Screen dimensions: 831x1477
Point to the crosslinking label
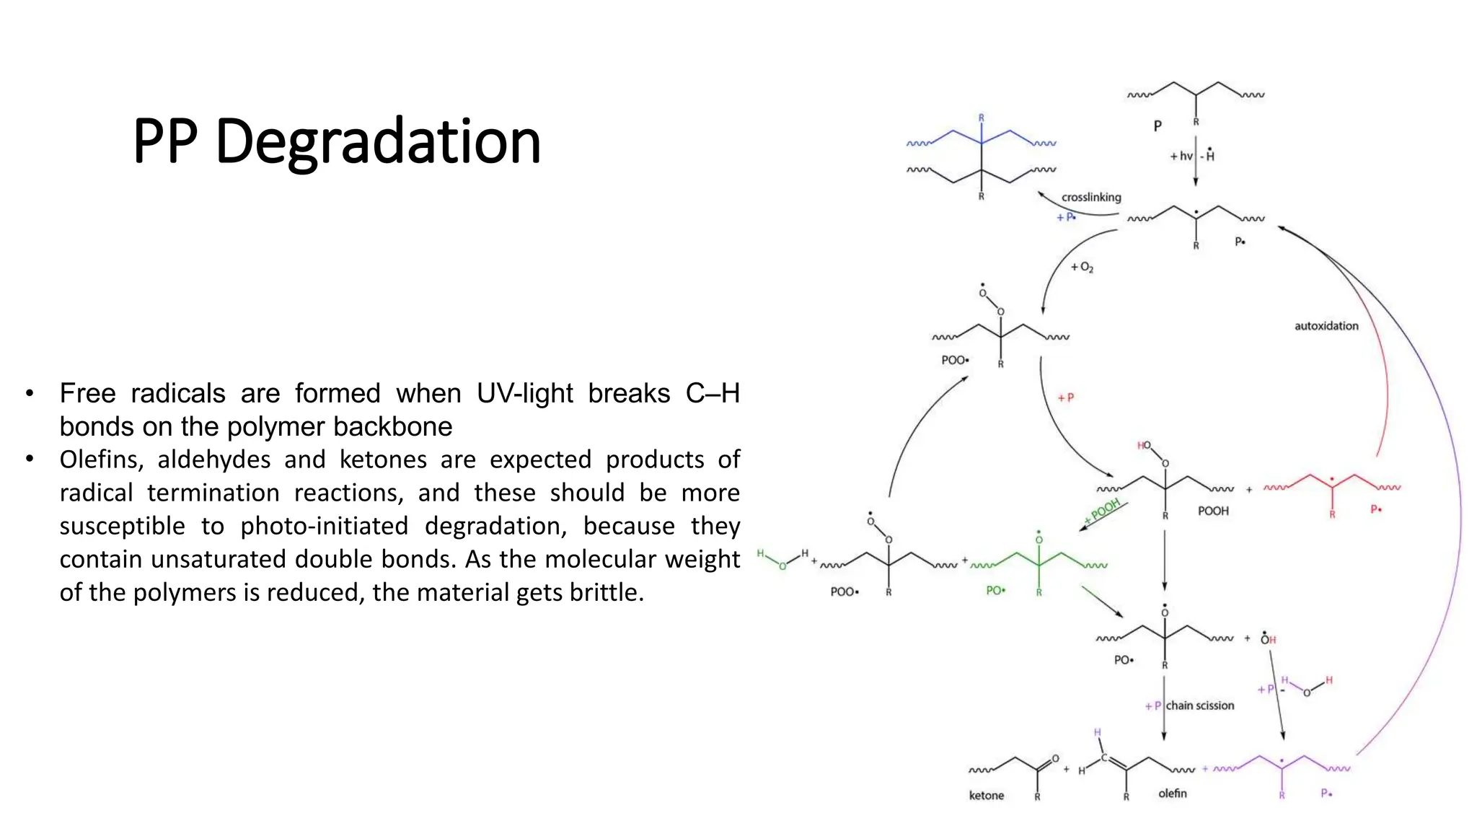(x=1091, y=198)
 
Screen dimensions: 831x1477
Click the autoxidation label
(x=1326, y=326)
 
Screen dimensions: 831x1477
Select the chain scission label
(x=1200, y=705)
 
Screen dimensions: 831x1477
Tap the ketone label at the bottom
(x=986, y=796)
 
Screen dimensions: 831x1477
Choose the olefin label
(x=1173, y=793)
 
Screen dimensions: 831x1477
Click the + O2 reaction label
(x=1082, y=268)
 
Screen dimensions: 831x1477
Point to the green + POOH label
(x=1103, y=511)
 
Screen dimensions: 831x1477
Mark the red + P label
(x=1065, y=397)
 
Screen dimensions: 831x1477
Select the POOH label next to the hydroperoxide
(x=1213, y=511)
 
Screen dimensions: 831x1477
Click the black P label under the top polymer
(x=1158, y=126)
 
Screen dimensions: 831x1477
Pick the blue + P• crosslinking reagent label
(x=1066, y=217)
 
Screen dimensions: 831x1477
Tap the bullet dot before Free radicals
(x=30, y=394)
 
